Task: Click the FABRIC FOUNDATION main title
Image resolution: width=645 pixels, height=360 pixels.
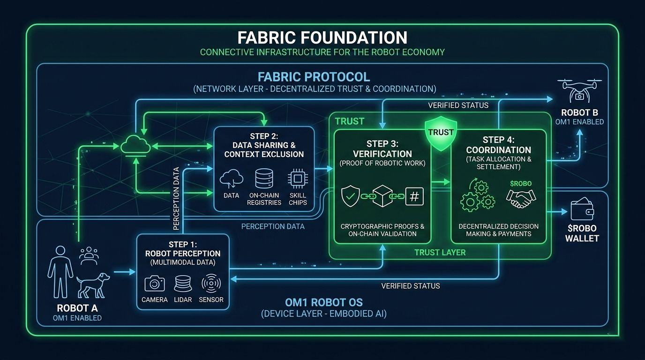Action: (322, 37)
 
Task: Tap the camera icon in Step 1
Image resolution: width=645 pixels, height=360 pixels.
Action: (155, 284)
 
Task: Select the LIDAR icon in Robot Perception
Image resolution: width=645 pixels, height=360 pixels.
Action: (183, 284)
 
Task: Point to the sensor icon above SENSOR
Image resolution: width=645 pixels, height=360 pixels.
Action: (211, 284)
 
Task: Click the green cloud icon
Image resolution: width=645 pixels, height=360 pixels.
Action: (135, 147)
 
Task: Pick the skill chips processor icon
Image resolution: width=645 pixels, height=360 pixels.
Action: (298, 180)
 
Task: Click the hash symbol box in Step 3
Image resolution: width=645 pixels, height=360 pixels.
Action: (414, 196)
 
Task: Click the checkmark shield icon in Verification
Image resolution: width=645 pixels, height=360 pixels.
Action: (351, 196)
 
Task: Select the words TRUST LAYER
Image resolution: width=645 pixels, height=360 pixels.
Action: (440, 253)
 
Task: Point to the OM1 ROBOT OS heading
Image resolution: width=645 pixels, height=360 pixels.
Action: (323, 302)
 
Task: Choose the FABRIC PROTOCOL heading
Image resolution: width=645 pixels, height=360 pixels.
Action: (313, 77)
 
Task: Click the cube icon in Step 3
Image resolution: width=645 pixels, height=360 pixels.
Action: (382, 196)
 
